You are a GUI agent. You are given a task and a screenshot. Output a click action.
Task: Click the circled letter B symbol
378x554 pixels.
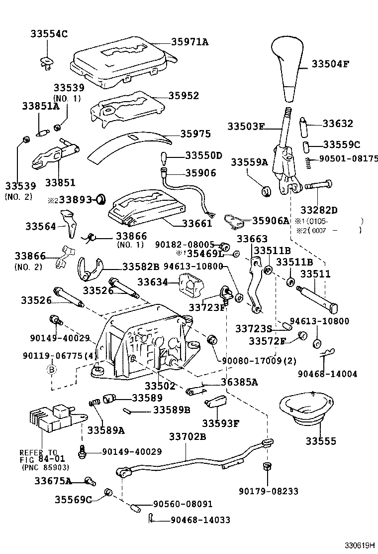(51, 369)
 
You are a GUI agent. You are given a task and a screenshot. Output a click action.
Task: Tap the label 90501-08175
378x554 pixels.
(348, 159)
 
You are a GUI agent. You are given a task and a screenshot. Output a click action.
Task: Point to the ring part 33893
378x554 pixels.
(101, 199)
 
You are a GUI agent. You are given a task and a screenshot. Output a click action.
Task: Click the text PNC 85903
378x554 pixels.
(45, 467)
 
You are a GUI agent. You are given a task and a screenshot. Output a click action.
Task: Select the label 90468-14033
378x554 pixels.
(200, 520)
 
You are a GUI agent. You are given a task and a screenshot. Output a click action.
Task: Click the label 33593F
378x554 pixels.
(221, 423)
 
